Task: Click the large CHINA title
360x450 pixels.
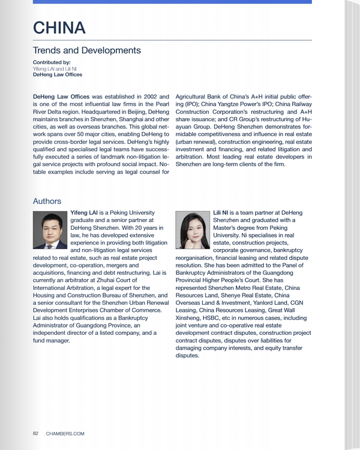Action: (x=59, y=28)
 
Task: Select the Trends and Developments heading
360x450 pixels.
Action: (x=86, y=50)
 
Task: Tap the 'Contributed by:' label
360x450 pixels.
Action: (x=52, y=62)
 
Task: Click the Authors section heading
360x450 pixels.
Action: (x=47, y=201)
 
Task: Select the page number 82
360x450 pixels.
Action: (x=36, y=433)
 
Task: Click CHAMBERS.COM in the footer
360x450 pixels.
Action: (x=65, y=433)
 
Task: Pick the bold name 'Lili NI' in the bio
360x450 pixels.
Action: (x=221, y=213)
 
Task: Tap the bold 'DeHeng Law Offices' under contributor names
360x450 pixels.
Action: (x=58, y=75)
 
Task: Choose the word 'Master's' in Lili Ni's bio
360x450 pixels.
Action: (x=226, y=228)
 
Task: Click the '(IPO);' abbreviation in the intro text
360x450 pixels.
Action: (x=185, y=103)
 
